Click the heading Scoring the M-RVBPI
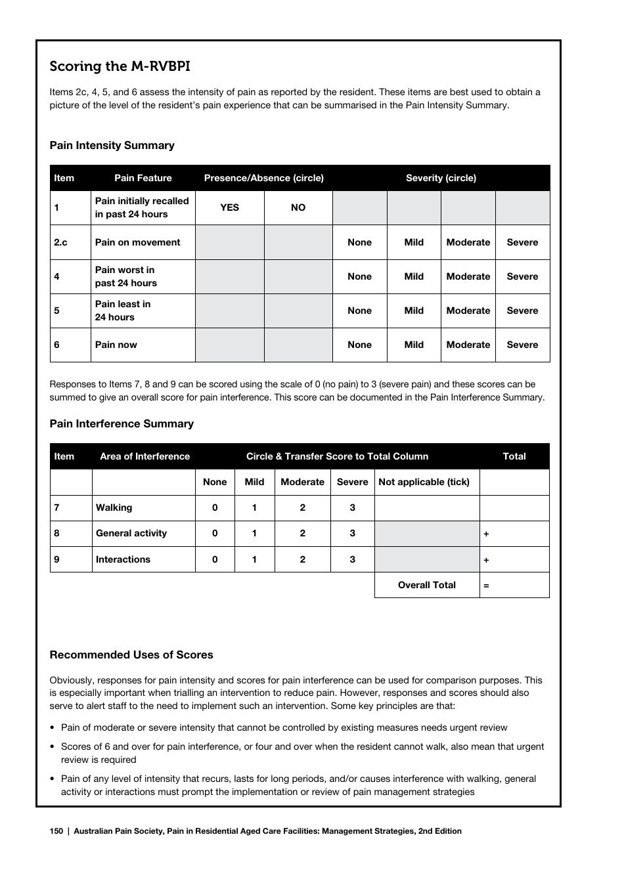(120, 66)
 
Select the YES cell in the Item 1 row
(229, 207)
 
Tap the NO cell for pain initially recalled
(298, 207)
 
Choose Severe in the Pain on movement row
(522, 242)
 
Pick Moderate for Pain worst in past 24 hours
(468, 276)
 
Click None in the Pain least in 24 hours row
(359, 311)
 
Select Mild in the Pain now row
(414, 345)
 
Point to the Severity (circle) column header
(441, 178)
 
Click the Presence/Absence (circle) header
(263, 178)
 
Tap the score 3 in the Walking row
(352, 507)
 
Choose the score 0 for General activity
(215, 533)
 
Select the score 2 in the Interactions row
(302, 559)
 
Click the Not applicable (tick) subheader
(424, 482)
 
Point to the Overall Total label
(426, 585)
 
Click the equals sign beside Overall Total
(486, 586)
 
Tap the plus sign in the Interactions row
(486, 560)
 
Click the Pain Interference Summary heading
(122, 424)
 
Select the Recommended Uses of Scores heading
(131, 655)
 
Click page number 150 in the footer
(56, 831)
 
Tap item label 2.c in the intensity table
(60, 242)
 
